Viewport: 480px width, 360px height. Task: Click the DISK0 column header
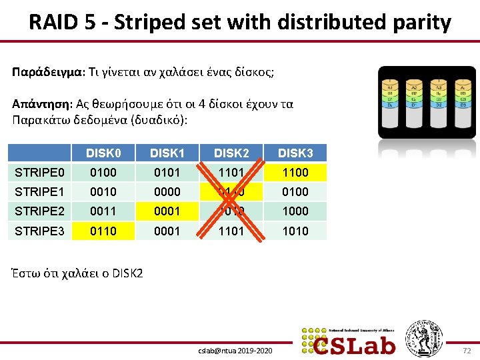point(103,153)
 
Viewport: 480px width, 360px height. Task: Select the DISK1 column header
point(167,153)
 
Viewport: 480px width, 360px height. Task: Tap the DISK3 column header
point(294,153)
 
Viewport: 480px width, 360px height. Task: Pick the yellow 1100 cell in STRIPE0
point(294,173)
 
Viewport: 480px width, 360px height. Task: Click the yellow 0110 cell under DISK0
point(103,231)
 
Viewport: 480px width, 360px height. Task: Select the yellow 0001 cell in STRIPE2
point(167,211)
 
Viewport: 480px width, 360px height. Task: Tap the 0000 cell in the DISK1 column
point(167,192)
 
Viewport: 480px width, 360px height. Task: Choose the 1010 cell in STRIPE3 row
point(294,231)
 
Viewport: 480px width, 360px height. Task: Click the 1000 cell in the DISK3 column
point(294,211)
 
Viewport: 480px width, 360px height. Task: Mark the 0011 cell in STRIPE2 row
point(103,211)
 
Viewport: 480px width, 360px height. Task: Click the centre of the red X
point(231,201)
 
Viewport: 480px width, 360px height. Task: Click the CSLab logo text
point(355,345)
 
